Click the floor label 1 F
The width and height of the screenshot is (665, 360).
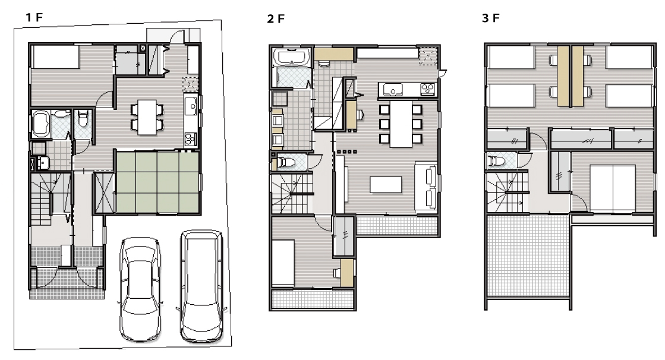(34, 17)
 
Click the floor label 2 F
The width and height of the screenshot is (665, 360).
(276, 18)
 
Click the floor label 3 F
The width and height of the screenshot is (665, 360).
(491, 18)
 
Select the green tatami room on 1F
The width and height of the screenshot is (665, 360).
(157, 182)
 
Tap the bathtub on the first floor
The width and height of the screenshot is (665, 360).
(40, 124)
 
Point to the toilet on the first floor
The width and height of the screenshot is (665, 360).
(83, 119)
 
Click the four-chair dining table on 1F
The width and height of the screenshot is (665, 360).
(147, 117)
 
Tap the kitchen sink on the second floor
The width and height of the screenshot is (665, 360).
(393, 90)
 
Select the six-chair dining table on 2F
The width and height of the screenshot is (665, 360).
(401, 124)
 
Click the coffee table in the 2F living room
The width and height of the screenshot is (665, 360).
(386, 184)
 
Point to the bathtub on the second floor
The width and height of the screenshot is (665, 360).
(292, 58)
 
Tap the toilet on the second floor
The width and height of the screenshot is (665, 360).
(286, 162)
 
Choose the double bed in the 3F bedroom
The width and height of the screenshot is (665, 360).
(613, 188)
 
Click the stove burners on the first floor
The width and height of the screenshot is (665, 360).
(191, 139)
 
